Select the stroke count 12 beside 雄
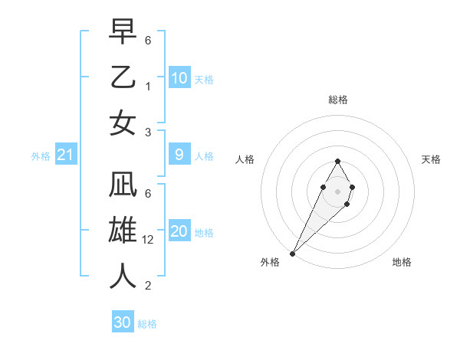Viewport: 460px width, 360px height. click(x=149, y=240)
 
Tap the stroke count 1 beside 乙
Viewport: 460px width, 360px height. click(x=148, y=86)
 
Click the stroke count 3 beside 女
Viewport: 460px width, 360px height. click(x=148, y=132)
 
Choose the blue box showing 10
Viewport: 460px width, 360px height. click(x=179, y=78)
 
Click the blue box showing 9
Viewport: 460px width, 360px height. click(x=179, y=155)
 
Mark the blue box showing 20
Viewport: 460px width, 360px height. click(x=179, y=231)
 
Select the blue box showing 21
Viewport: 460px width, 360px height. click(x=66, y=155)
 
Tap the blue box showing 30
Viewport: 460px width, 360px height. click(x=123, y=322)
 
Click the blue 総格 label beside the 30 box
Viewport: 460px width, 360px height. click(x=147, y=324)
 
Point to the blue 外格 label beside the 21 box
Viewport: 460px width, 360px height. click(x=41, y=156)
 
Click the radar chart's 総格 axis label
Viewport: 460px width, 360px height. click(x=338, y=100)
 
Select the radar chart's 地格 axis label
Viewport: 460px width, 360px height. click(x=402, y=262)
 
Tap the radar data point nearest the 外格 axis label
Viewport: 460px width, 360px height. click(x=293, y=253)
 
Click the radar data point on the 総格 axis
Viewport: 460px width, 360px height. click(x=337, y=162)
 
